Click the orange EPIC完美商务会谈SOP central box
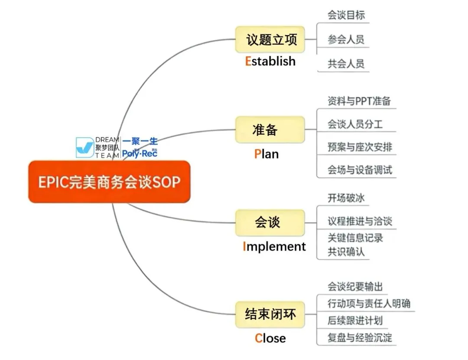point(109,182)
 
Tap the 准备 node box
point(270,129)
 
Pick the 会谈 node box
point(270,223)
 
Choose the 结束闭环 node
point(270,314)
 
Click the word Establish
point(270,61)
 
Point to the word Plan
point(266,154)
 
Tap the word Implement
point(274,246)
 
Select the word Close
point(270,338)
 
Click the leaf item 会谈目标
point(346,16)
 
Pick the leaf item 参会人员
point(346,40)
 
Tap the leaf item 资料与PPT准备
point(359,101)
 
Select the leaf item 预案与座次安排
point(360,147)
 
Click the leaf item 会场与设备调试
point(360,170)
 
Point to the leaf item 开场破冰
point(346,198)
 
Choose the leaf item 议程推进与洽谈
point(360,221)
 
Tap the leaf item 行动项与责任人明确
point(369,303)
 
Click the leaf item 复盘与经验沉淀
point(360,337)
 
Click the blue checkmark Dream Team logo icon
point(84,147)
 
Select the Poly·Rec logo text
point(140,153)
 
